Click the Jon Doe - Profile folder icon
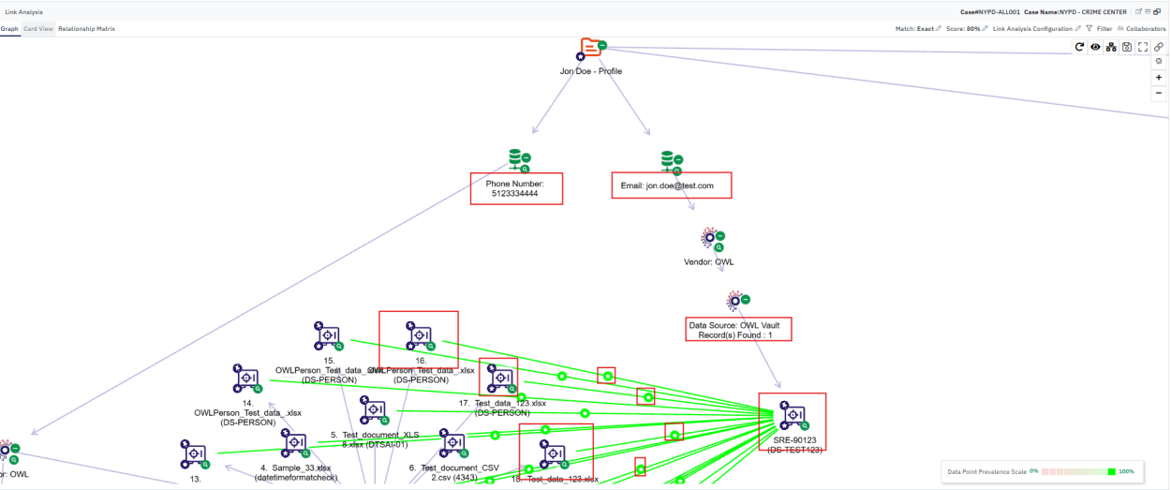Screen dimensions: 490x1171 [590, 49]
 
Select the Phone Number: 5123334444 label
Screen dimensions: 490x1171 [516, 187]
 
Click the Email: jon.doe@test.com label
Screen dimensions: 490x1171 [671, 186]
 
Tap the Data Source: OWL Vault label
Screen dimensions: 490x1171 [738, 329]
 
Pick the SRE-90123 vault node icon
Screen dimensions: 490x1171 [793, 415]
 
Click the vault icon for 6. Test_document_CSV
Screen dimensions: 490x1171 [453, 444]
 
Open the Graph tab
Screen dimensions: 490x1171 [9, 29]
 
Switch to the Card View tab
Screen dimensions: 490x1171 [37, 29]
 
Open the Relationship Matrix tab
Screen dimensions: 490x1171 [86, 29]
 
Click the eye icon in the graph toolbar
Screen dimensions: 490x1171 [1095, 47]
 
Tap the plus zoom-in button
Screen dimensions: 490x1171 [1159, 78]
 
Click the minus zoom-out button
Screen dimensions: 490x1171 [1159, 93]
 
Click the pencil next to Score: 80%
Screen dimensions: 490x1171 [985, 29]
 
